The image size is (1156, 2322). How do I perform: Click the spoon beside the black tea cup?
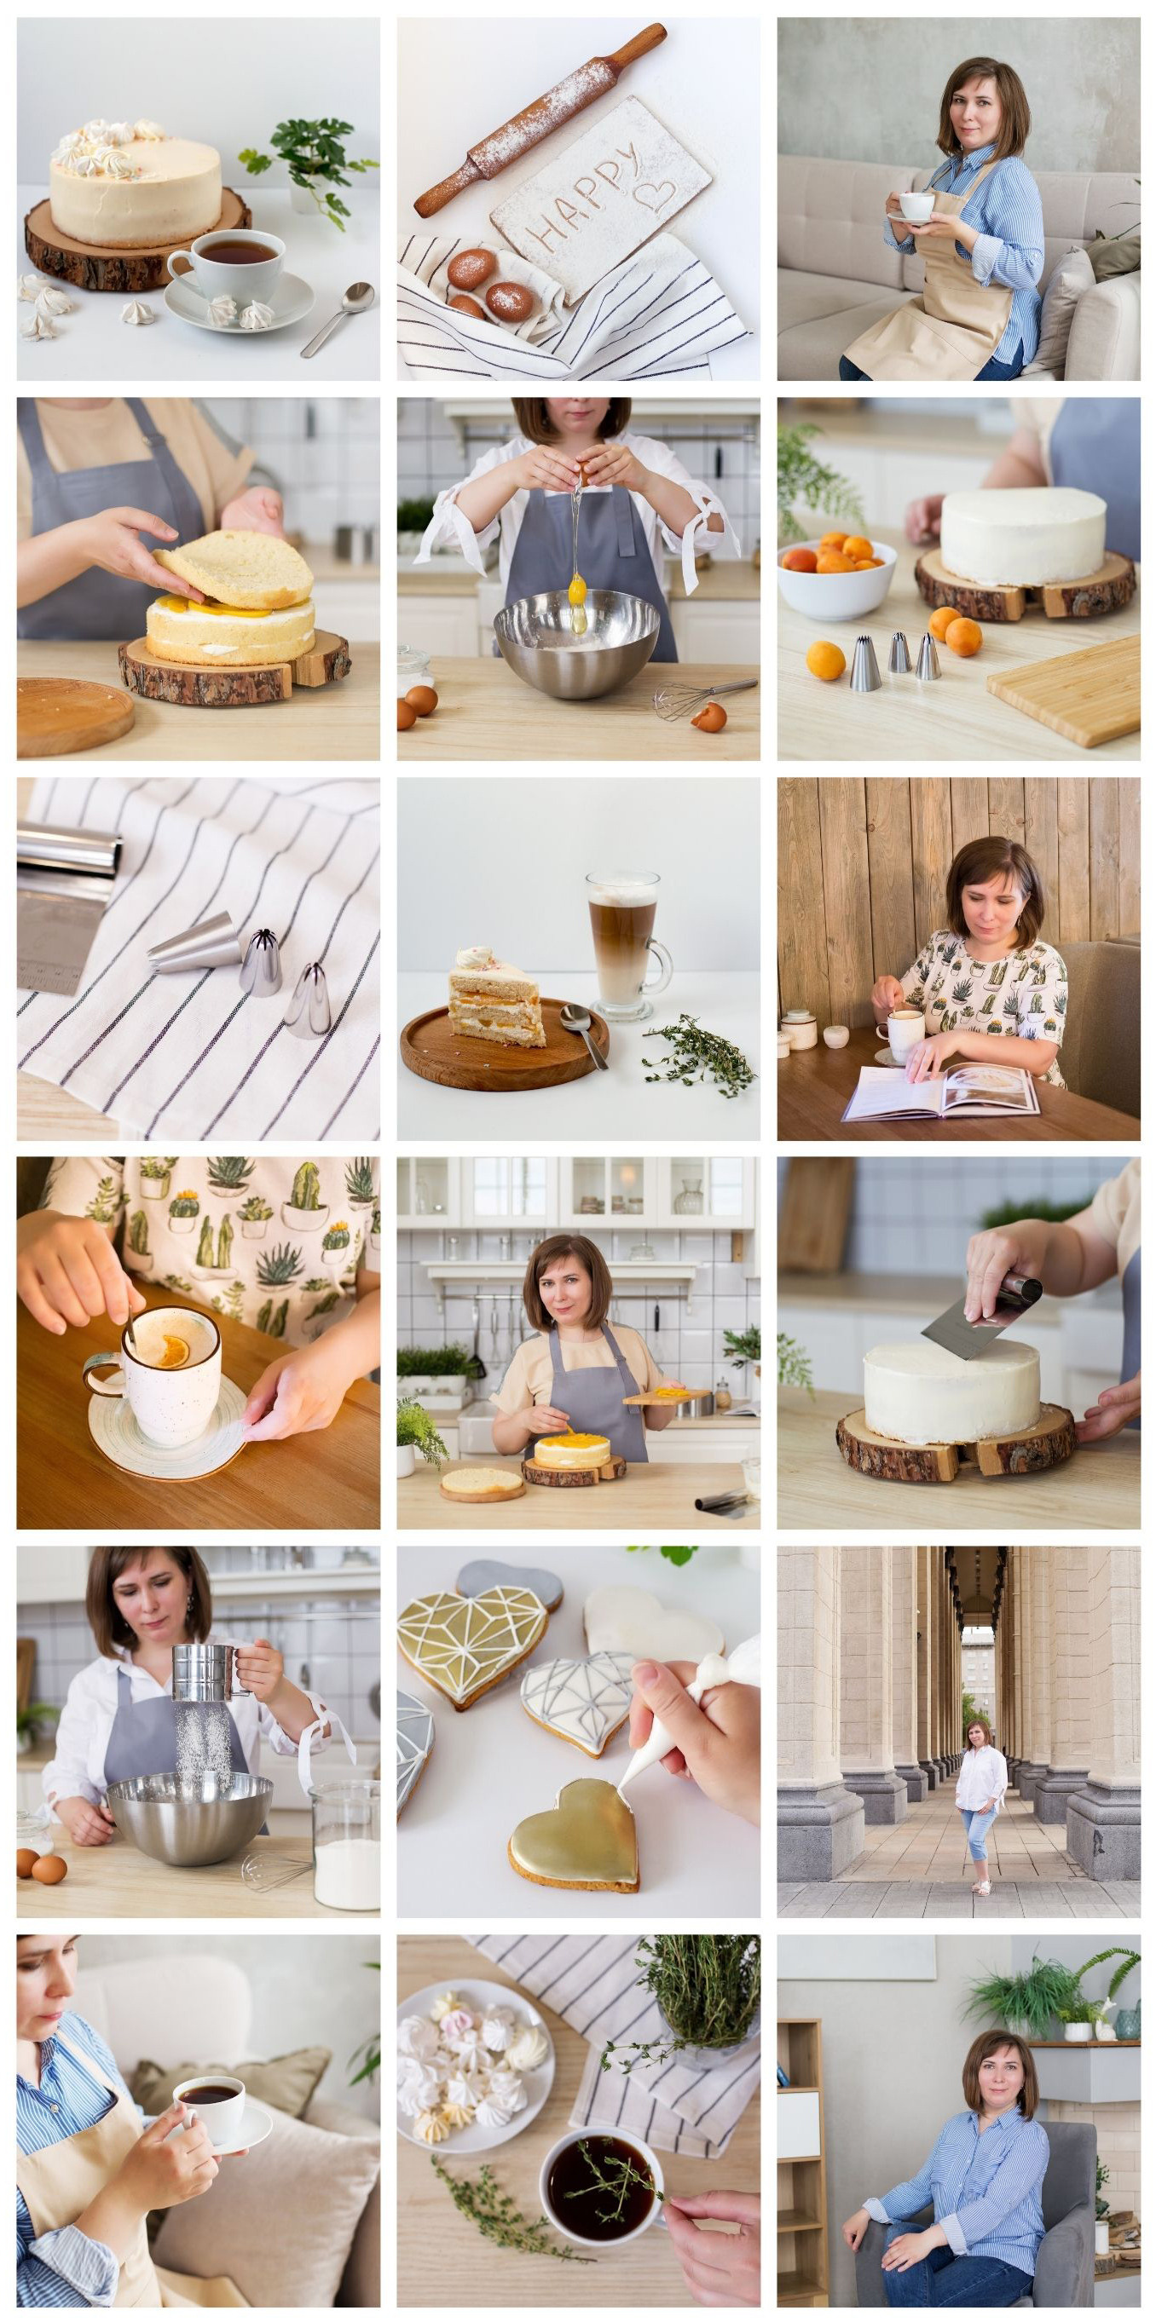pos(338,317)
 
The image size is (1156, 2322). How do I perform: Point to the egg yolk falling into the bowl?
pos(576,591)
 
